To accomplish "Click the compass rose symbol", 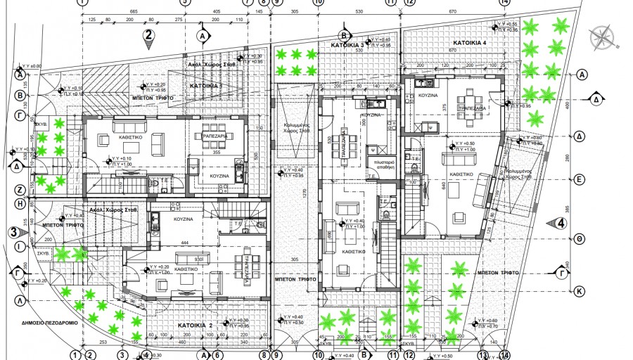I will [603, 36].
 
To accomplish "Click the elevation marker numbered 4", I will [561, 224].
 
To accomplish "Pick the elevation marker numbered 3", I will [13, 231].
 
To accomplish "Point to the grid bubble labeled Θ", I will [580, 239].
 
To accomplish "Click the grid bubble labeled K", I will [580, 290].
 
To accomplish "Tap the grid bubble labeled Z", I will [20, 190].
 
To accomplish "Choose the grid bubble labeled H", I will [20, 203].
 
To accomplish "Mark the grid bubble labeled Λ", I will [20, 300].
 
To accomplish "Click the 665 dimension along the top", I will [134, 12].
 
